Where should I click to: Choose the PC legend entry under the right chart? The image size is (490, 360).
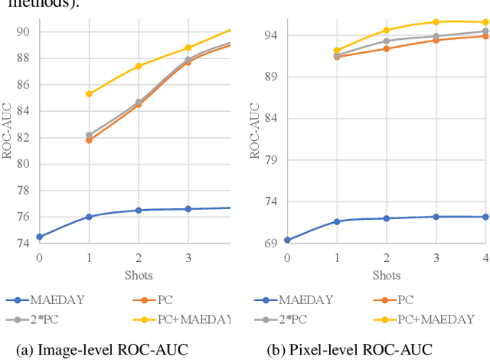(x=406, y=300)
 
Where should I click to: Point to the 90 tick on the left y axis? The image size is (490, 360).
(x=23, y=31)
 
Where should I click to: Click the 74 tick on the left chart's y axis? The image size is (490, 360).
(x=23, y=244)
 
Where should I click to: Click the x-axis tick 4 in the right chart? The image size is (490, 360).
(x=485, y=257)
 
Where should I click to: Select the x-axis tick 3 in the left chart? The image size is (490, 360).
(x=188, y=257)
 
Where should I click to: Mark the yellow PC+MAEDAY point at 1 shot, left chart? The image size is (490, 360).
(x=89, y=93)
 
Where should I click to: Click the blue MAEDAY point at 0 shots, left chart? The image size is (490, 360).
(x=39, y=237)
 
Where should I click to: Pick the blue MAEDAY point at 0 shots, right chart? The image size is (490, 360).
(x=287, y=240)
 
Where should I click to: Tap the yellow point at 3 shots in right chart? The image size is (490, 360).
(x=436, y=21)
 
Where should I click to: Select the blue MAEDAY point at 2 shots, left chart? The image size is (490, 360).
(x=139, y=210)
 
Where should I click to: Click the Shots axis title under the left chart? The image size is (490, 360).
(x=138, y=275)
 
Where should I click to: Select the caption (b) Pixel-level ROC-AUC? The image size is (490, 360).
(x=350, y=350)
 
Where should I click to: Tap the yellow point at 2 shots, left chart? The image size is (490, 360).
(x=139, y=66)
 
